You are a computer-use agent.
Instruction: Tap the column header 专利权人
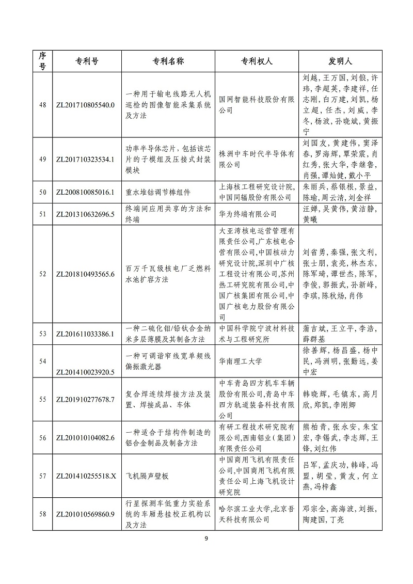tap(257, 61)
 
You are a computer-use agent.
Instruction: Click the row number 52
tap(43, 274)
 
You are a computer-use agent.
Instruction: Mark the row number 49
tap(43, 159)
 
